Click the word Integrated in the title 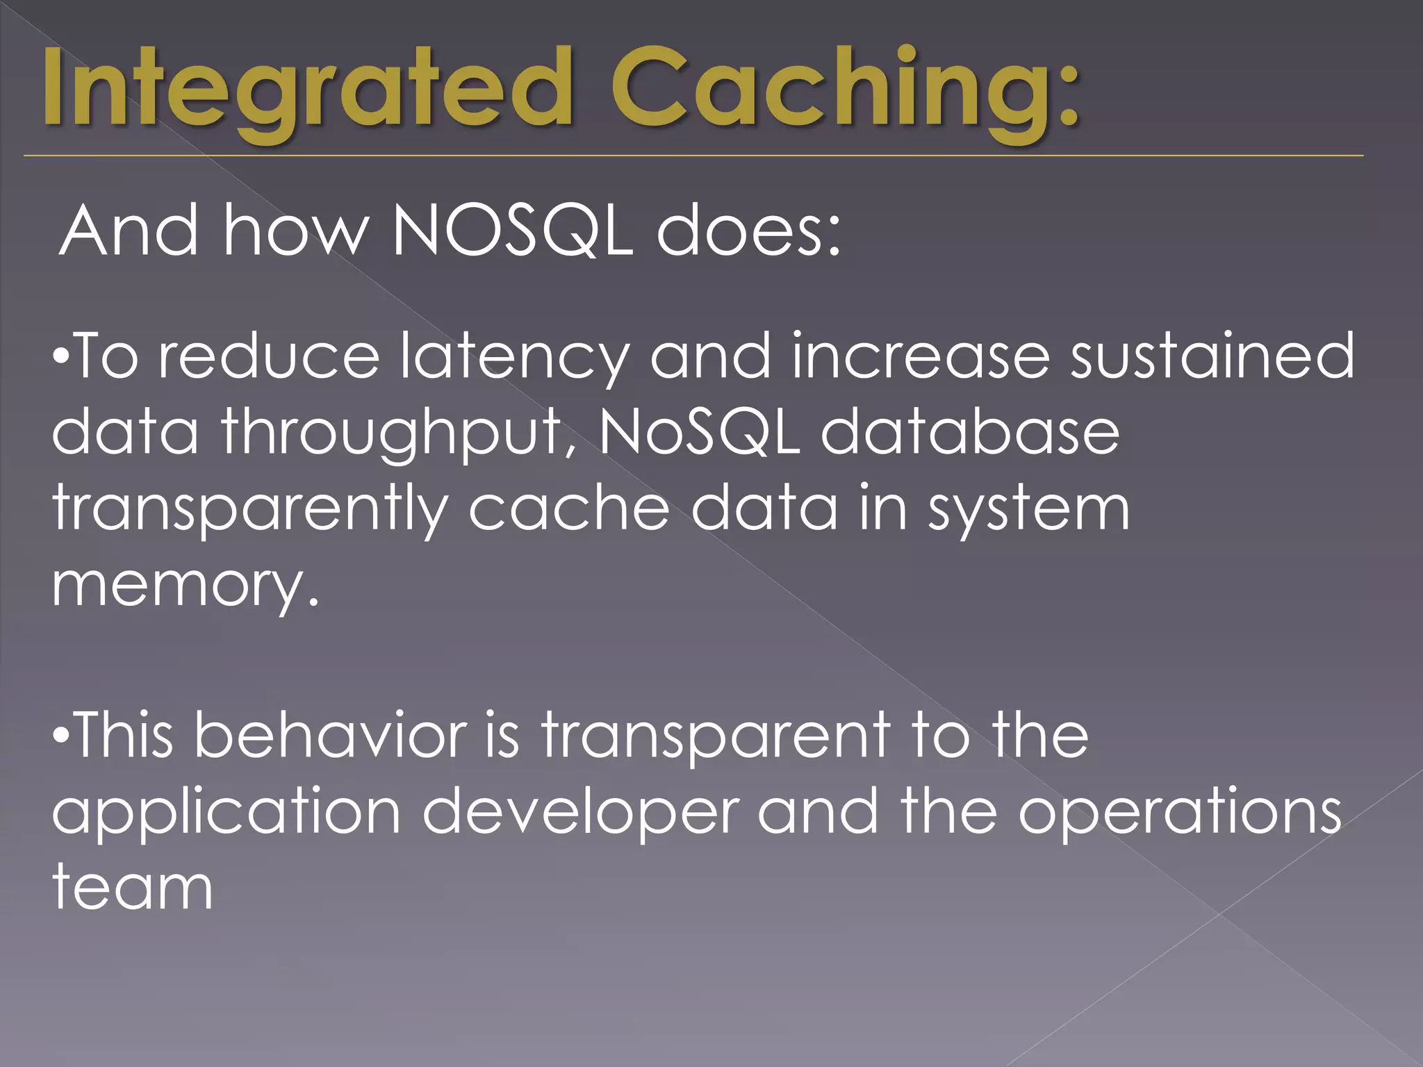click(x=306, y=90)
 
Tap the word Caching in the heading click(x=844, y=90)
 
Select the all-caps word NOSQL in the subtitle click(x=513, y=231)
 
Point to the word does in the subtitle click(x=749, y=231)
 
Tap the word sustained click(x=1212, y=356)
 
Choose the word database click(x=970, y=432)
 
